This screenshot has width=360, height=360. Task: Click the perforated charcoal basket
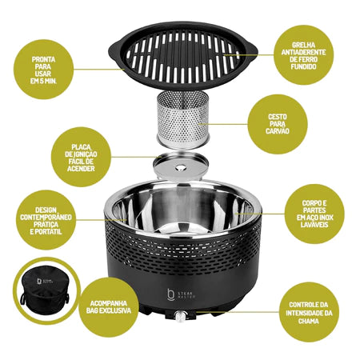click(x=182, y=120)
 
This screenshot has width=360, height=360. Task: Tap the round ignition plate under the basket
click(x=181, y=166)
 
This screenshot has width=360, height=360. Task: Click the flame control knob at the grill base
click(x=180, y=316)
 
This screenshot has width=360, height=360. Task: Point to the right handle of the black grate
click(x=251, y=50)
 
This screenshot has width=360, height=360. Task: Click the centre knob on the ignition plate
click(x=181, y=168)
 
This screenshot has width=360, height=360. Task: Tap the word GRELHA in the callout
click(x=303, y=45)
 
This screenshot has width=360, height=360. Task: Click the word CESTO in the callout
click(x=278, y=117)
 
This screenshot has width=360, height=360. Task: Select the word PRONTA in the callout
click(x=43, y=59)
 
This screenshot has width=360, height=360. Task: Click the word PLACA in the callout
click(x=82, y=147)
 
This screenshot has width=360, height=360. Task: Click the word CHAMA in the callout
click(x=309, y=321)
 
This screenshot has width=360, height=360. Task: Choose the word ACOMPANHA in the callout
click(x=109, y=303)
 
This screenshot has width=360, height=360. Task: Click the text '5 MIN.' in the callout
click(x=49, y=81)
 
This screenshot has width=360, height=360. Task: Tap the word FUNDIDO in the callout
click(x=303, y=66)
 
